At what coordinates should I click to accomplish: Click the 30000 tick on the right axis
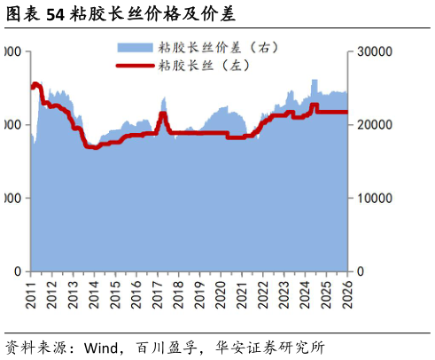tap(371, 52)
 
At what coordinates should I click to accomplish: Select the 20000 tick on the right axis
tap(371, 125)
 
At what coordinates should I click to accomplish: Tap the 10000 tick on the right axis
tap(371, 199)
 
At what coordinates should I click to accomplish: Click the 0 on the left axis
tap(19, 271)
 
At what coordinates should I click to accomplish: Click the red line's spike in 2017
tap(162, 113)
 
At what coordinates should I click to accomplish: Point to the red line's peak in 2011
tap(35, 85)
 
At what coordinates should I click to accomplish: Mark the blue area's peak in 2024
tap(315, 81)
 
